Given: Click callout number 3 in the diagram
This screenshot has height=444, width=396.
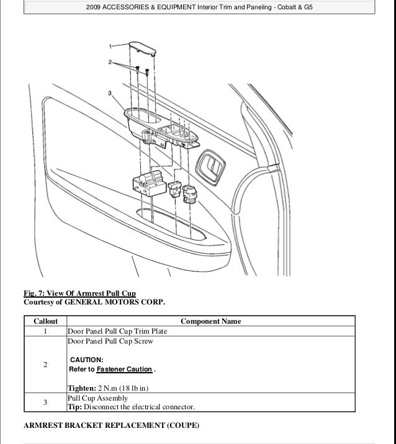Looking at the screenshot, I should click(x=110, y=94).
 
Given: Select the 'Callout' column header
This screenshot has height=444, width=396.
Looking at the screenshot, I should click(x=45, y=321).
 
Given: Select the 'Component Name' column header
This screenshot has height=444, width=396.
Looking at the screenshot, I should click(x=210, y=321).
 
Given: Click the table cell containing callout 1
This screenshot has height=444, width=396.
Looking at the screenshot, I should click(x=45, y=331).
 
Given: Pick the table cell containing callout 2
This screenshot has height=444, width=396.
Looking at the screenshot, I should click(x=45, y=365).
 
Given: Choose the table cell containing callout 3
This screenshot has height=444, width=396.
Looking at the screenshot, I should click(x=45, y=402).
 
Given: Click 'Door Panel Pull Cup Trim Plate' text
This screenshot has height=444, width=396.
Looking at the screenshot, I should click(x=122, y=331).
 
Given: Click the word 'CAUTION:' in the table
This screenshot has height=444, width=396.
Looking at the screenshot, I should click(x=87, y=359).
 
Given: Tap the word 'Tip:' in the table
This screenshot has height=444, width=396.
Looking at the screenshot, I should click(x=75, y=407).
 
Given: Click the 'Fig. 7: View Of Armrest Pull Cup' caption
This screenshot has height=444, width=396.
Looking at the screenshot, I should click(x=79, y=293).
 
